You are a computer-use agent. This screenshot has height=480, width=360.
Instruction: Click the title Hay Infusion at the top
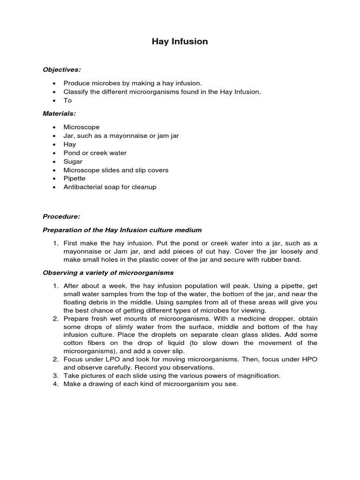180,42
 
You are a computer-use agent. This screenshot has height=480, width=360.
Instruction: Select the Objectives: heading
62,69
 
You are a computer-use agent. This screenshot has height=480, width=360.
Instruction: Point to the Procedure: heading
61,217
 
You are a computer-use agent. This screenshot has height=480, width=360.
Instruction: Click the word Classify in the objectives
75,92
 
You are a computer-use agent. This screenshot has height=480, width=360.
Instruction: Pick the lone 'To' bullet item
67,100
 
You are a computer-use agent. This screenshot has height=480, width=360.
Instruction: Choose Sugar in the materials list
73,161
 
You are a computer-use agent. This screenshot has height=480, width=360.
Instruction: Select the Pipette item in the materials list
75,179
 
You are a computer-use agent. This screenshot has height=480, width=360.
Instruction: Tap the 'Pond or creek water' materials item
95,153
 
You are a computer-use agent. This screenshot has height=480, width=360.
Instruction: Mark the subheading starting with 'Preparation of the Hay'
122,230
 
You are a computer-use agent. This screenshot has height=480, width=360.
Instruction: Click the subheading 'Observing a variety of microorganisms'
108,272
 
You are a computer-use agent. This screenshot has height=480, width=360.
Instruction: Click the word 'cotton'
73,343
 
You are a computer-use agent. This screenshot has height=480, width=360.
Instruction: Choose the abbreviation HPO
307,359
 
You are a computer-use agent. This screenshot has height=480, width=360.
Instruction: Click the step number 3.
55,376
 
